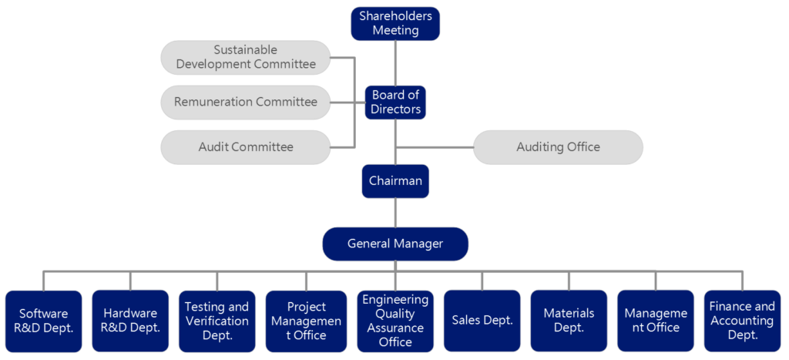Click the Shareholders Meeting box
[395, 23]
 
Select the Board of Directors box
[395, 102]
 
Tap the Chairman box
[395, 181]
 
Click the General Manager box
[395, 244]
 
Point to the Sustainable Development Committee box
[245, 57]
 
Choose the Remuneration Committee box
[245, 102]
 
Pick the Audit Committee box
[245, 146]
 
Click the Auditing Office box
[558, 146]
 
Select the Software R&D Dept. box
[43, 321]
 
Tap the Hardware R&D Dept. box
[130, 321]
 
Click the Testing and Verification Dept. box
[217, 321]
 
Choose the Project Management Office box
[306, 321]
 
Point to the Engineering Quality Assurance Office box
[395, 321]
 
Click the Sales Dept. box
[482, 321]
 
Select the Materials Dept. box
[569, 321]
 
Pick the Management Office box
[656, 321]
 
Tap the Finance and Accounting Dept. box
[743, 321]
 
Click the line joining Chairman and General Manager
[395, 212]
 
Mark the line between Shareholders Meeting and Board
[395, 62]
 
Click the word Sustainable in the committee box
[245, 50]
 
